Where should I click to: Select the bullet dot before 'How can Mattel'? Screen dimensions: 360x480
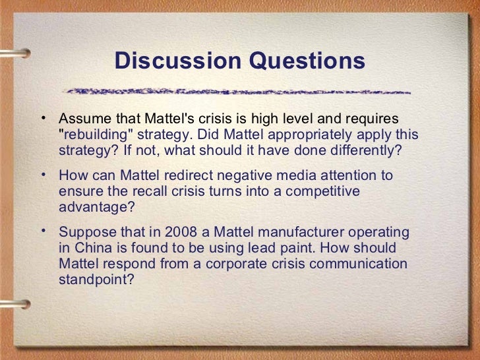(43, 175)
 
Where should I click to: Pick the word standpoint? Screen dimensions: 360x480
(92, 278)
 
